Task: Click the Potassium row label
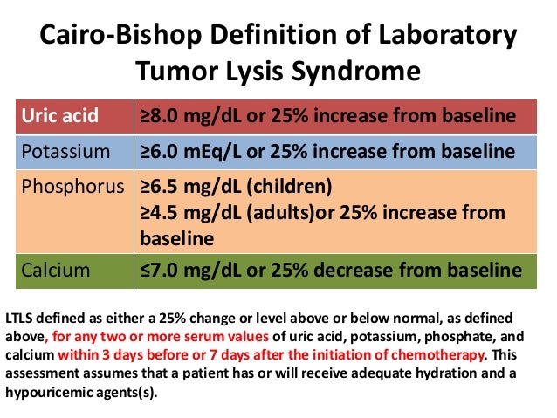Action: (x=66, y=151)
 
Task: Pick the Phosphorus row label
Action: (x=72, y=186)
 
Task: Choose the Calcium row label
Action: (x=55, y=271)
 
